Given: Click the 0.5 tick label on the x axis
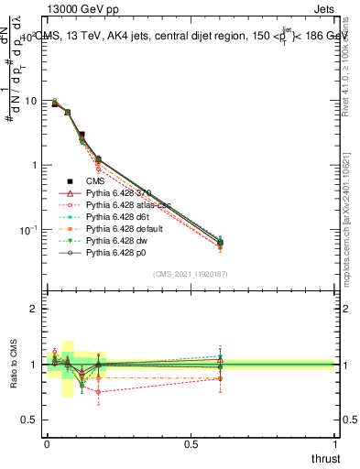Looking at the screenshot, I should [x=191, y=443].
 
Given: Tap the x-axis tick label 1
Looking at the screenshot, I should [x=336, y=443].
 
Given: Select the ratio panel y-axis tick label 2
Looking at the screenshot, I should [x=36, y=310].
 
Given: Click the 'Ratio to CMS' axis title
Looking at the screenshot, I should [x=12, y=365].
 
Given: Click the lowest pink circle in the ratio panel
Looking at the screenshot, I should [x=98, y=392].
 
